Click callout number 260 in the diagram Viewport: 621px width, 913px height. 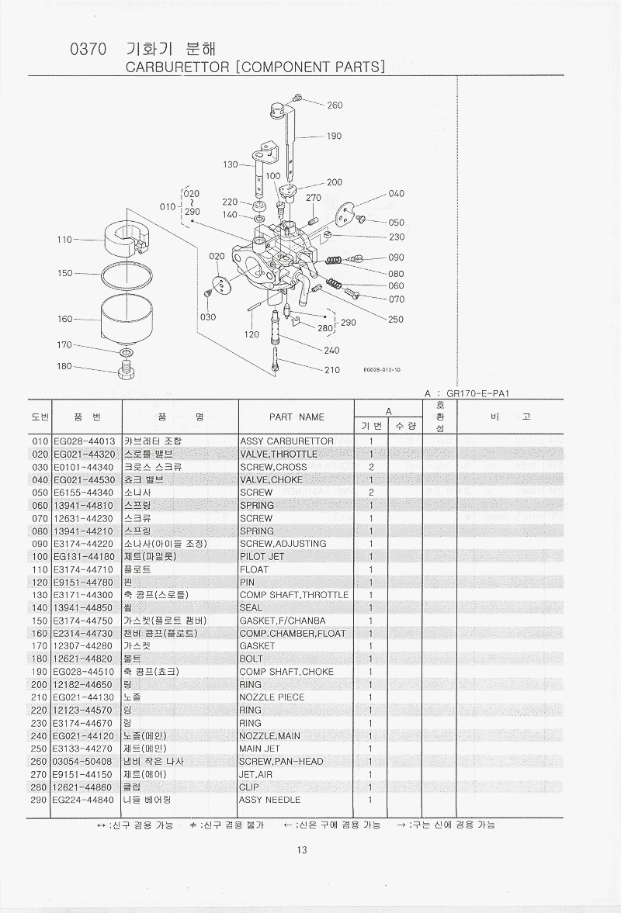click(x=335, y=105)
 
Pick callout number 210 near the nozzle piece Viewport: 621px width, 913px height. click(x=332, y=370)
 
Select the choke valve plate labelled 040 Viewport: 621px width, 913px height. click(x=346, y=211)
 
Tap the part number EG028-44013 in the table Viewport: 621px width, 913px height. click(x=84, y=441)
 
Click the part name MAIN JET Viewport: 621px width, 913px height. click(x=260, y=749)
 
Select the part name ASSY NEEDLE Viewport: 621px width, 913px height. click(x=269, y=800)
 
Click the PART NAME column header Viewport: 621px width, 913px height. click(x=297, y=417)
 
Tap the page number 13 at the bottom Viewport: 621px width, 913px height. click(x=302, y=849)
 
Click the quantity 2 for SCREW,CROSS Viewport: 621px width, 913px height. click(x=371, y=467)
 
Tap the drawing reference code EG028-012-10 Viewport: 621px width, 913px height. click(x=383, y=370)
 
